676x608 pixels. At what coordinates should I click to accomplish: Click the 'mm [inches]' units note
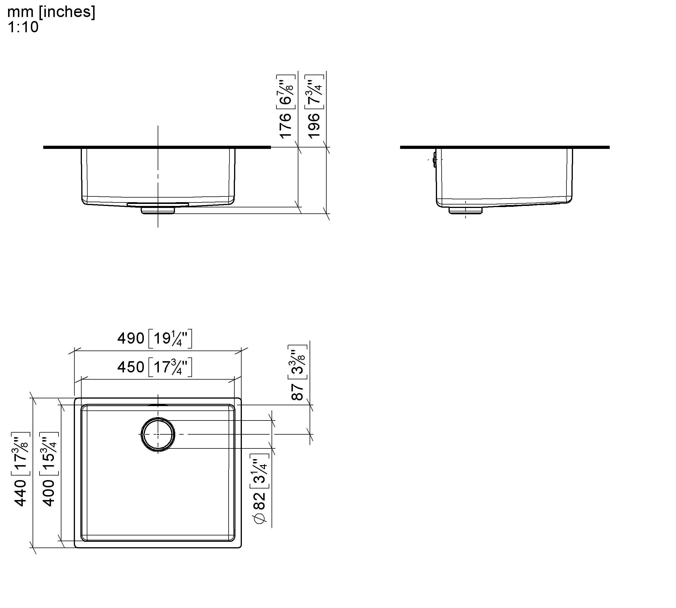[51, 12]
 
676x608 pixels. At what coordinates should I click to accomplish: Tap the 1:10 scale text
[23, 27]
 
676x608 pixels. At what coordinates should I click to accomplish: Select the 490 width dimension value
[131, 338]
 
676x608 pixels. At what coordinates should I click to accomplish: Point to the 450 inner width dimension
[131, 367]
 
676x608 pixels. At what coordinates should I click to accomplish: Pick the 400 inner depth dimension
[49, 493]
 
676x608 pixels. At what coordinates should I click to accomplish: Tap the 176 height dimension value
[285, 126]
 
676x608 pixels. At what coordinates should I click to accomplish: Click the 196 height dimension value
[314, 126]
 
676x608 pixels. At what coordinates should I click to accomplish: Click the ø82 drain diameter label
[260, 508]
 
